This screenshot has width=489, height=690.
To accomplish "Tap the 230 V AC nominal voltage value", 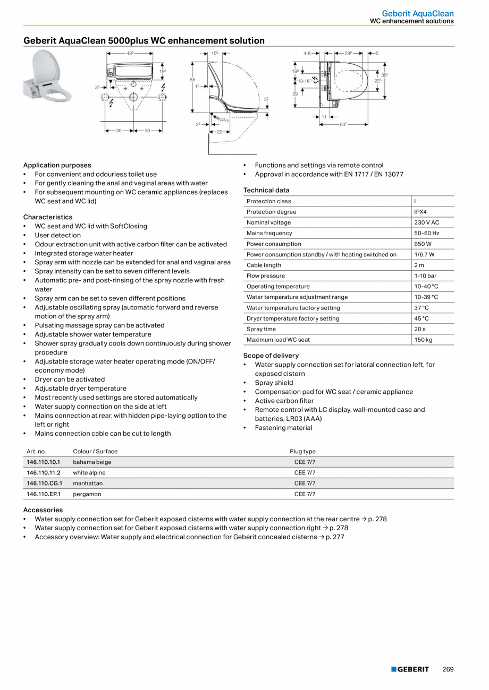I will coord(426,222).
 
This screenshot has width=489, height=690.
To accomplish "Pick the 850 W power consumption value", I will coord(423,244).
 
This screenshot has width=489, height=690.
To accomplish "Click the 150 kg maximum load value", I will coord(423,340).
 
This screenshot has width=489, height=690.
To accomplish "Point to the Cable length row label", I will coord(264,265).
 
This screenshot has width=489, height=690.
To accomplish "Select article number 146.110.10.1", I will coord(44,462).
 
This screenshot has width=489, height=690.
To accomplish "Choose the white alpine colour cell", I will coord(89,472).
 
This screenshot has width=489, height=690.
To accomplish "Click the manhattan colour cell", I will coord(88,483).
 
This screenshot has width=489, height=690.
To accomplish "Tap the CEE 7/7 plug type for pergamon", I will coord(305,494).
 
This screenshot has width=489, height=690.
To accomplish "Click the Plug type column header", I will coord(302,451).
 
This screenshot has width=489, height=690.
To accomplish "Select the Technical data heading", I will coord(266,190).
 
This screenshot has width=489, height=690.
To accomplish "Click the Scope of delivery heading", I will coord(271,356).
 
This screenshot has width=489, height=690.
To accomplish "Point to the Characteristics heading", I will coord(48,217).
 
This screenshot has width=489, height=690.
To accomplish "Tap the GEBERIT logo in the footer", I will coord(410,669).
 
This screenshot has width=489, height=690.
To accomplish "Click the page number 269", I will coord(448,669).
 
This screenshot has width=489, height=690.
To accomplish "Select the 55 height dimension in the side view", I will coord(192,79).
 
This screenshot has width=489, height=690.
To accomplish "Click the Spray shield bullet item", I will coord(274,383).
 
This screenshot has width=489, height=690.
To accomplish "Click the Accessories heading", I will coord(43,510).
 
